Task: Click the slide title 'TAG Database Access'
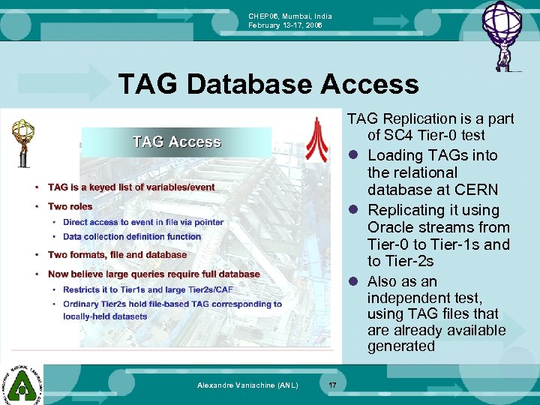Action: [x=268, y=84]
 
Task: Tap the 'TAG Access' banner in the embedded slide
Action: [x=176, y=142]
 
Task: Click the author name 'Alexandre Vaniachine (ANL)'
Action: [x=247, y=385]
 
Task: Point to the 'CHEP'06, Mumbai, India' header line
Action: [x=290, y=16]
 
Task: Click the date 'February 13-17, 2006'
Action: [x=285, y=25]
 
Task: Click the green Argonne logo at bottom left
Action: [x=21, y=383]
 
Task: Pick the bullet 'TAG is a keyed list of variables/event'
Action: [x=131, y=187]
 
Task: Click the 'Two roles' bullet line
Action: [x=70, y=206]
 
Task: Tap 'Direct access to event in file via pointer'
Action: [x=143, y=222]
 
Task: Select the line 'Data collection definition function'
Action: [x=132, y=237]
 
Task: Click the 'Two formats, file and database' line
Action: [x=117, y=255]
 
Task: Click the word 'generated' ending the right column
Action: [x=401, y=346]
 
